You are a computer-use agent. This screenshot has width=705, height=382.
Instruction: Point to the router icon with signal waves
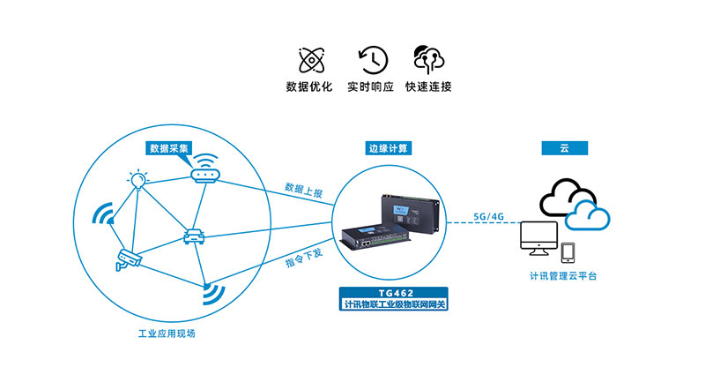tap(205, 169)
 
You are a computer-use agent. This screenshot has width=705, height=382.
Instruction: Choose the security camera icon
tap(129, 259)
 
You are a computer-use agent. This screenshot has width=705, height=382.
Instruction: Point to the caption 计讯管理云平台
tap(563, 276)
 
